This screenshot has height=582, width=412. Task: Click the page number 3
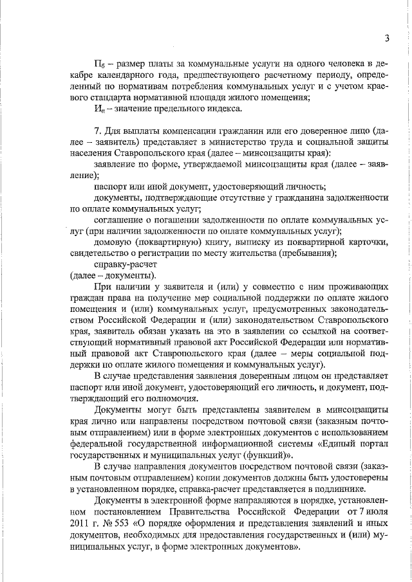tap(388, 38)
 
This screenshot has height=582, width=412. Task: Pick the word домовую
tap(112, 243)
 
